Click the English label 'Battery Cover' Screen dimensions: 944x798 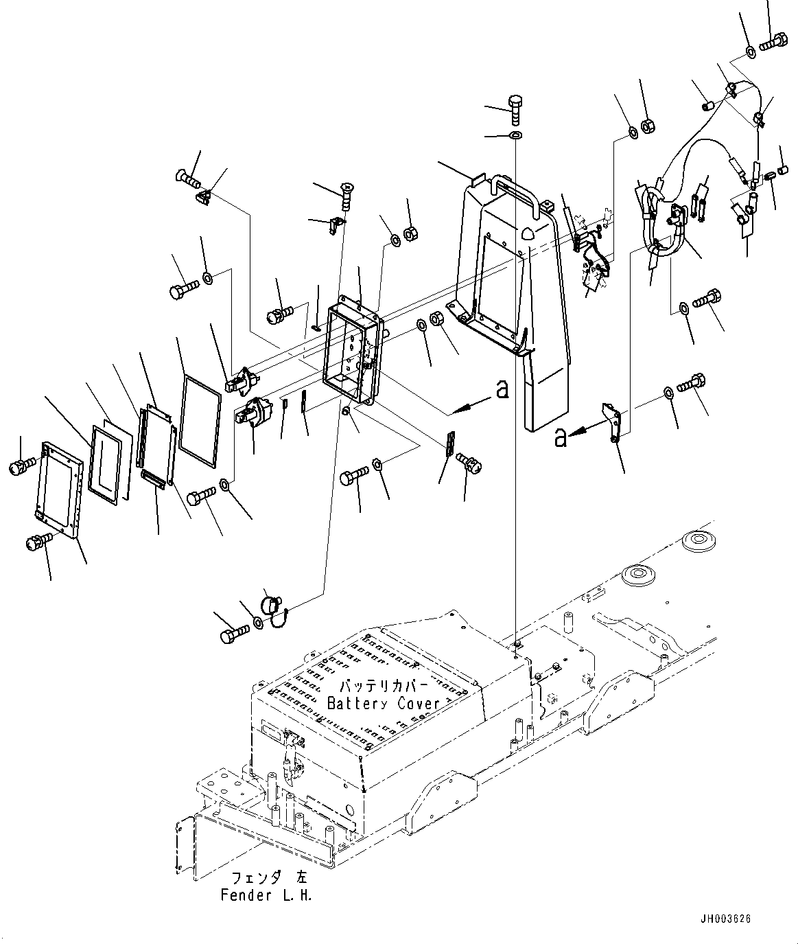(x=383, y=703)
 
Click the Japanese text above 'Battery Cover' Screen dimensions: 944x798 (x=384, y=687)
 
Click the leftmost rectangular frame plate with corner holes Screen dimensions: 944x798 (x=58, y=491)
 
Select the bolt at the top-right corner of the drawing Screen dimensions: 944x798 (x=775, y=42)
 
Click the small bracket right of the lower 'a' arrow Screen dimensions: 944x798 (x=612, y=420)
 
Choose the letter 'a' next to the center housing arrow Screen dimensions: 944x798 (x=502, y=390)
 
